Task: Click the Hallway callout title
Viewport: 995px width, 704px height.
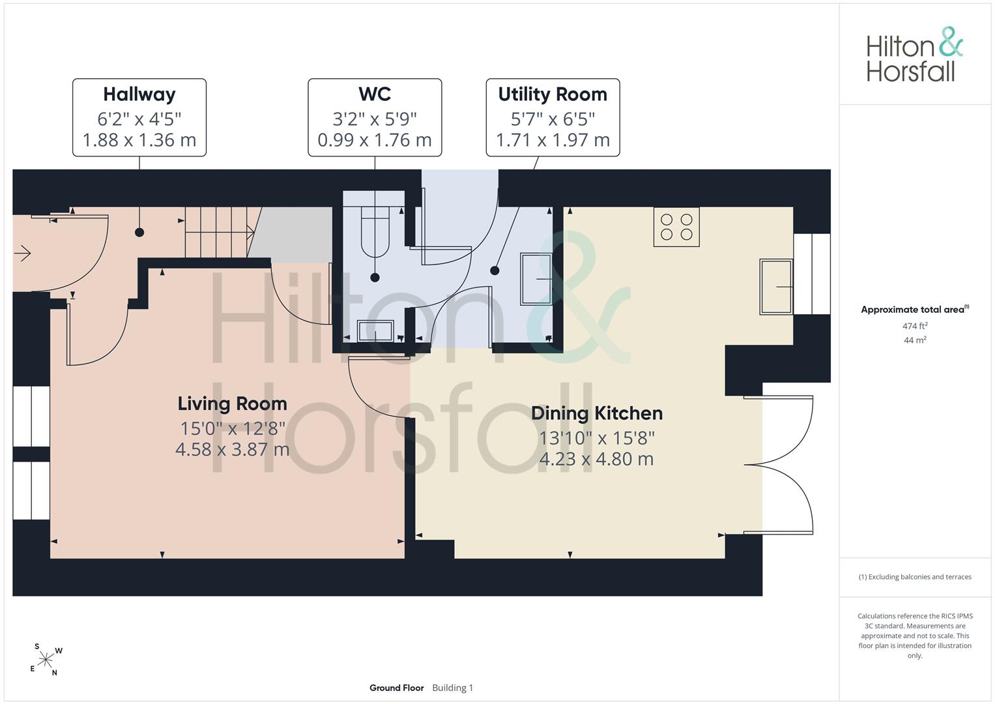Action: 139,95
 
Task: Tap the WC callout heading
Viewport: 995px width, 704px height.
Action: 375,95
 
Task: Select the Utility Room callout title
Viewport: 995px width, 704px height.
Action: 553,95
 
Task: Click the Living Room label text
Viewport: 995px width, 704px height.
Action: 233,404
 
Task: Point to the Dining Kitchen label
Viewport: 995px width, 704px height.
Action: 597,413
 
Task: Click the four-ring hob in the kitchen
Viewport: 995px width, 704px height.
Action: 676,227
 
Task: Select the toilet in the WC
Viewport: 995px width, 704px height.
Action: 375,232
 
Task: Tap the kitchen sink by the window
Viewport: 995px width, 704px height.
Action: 776,287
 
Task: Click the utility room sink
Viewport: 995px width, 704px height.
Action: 536,279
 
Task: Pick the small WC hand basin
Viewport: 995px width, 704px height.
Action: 376,330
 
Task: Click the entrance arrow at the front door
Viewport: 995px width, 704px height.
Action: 22,254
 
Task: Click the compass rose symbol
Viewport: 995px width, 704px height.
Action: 46,660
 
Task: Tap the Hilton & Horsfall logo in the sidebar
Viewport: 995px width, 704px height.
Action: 914,54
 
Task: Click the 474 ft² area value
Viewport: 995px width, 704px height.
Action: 915,326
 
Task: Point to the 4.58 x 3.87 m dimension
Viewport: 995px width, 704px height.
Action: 233,450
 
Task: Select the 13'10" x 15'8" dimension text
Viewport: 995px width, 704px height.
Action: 597,438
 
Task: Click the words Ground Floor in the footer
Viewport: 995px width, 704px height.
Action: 397,688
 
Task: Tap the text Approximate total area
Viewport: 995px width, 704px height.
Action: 912,310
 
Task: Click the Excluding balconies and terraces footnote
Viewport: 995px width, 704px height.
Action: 915,577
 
